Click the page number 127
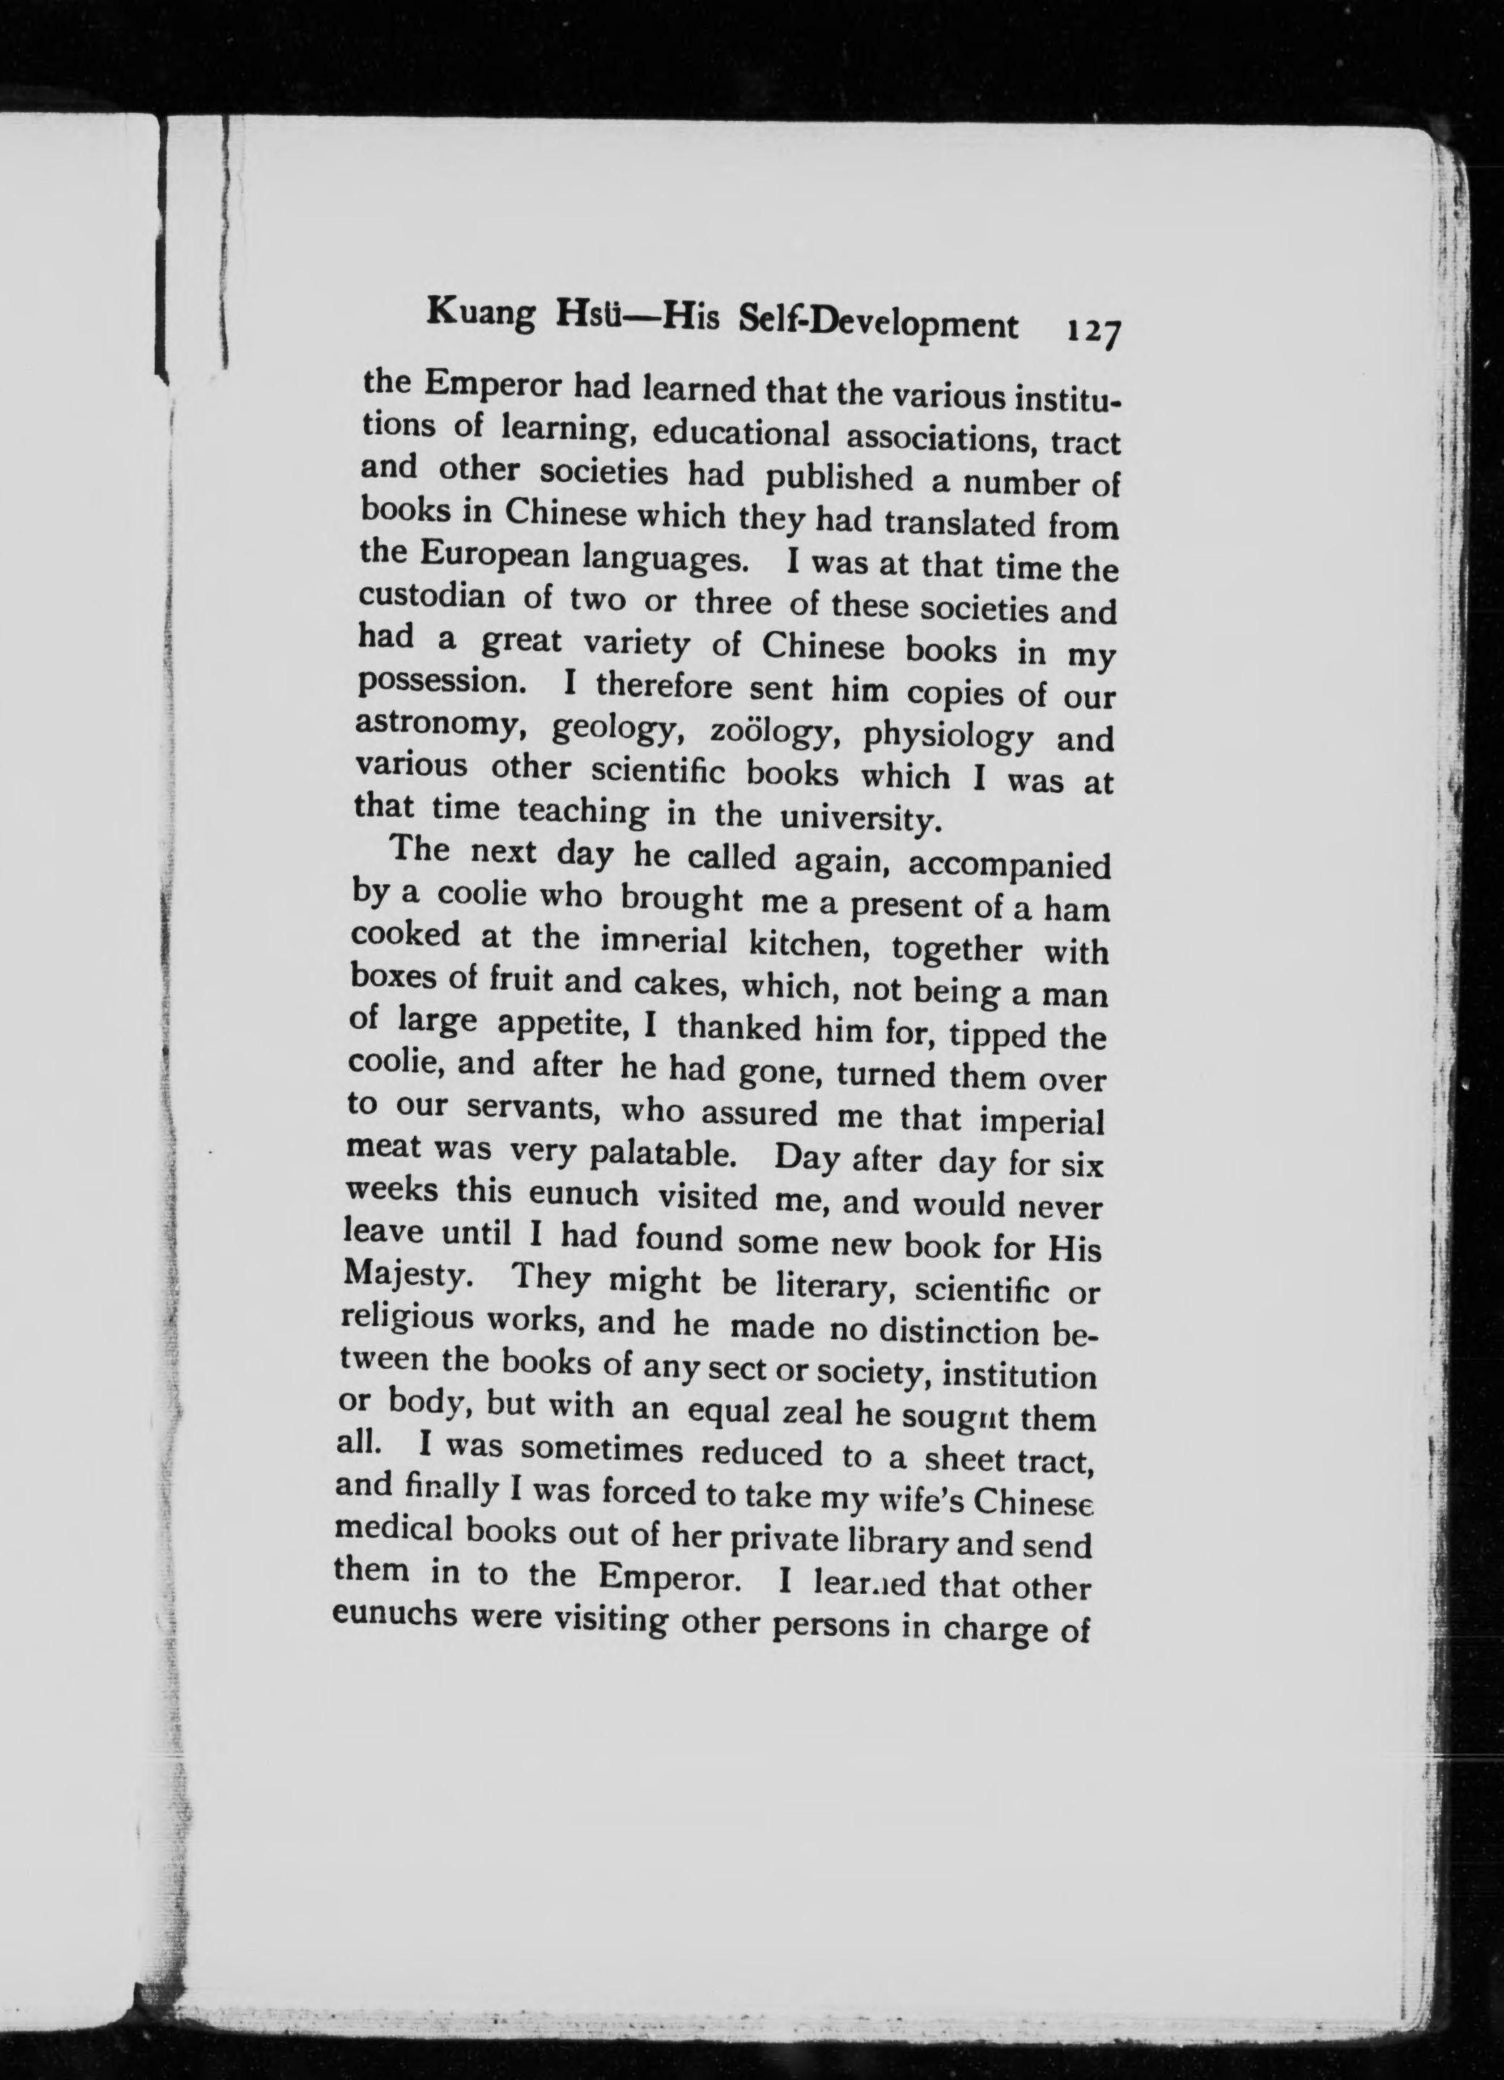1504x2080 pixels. tap(1089, 330)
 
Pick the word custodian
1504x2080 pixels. tap(431, 597)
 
